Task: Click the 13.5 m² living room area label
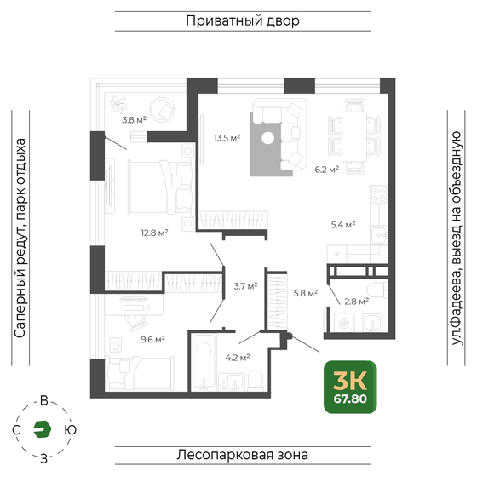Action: (x=226, y=136)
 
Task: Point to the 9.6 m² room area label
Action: (x=152, y=338)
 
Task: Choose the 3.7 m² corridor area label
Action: (x=245, y=286)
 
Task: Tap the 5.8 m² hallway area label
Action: (x=305, y=293)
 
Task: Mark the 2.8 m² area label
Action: (x=356, y=301)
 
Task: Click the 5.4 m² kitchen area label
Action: (x=342, y=225)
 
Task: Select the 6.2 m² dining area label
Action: (x=327, y=170)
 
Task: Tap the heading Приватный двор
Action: (x=242, y=20)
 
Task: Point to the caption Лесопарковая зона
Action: (x=243, y=454)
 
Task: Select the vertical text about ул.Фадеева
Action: (x=456, y=238)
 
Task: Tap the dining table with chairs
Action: (x=350, y=133)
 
